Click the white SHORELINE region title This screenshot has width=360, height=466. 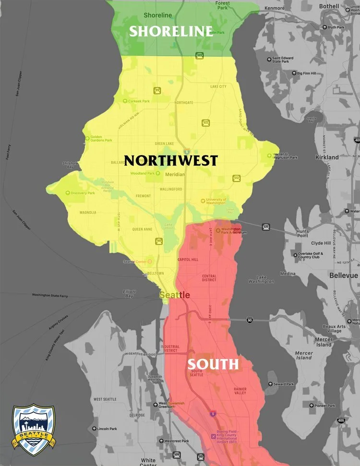click(171, 31)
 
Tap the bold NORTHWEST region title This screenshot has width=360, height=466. click(171, 160)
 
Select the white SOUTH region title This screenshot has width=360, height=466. click(213, 364)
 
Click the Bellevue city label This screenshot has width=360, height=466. click(344, 275)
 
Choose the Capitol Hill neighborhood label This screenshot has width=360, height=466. click(188, 259)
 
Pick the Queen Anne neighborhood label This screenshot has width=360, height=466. click(142, 229)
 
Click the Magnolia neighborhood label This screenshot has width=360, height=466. click(88, 212)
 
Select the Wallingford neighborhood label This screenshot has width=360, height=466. click(170, 189)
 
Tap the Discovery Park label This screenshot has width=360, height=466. click(82, 193)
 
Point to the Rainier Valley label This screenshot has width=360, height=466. click(240, 391)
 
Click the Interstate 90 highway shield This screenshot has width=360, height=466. click(250, 320)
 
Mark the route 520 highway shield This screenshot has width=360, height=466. click(265, 227)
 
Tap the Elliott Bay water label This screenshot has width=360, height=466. click(130, 294)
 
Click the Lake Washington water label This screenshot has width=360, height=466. click(265, 279)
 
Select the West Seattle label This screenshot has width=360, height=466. click(105, 399)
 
